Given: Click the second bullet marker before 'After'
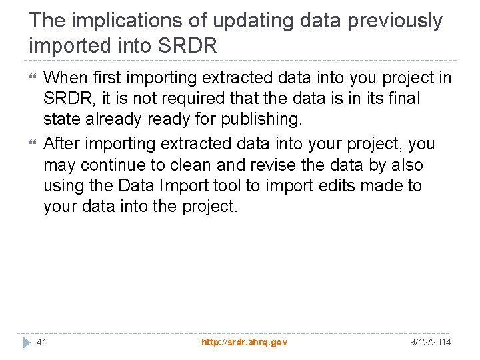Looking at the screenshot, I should pyautogui.click(x=33, y=144).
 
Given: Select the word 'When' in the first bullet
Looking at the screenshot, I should pyautogui.click(x=65, y=78).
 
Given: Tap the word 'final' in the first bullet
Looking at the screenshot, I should pyautogui.click(x=404, y=99).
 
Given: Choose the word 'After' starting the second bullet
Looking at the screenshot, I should pyautogui.click(x=63, y=144).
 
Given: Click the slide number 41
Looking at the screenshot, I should pyautogui.click(x=41, y=342).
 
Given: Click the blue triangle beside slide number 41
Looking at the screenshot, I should pyautogui.click(x=26, y=342).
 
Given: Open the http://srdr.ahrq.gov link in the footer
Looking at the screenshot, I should pyautogui.click(x=244, y=342).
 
